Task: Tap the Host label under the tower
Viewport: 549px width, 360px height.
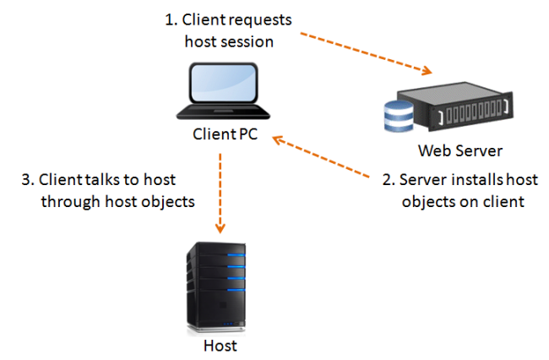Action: click(220, 346)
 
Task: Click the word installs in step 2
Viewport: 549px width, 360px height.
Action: click(460, 181)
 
